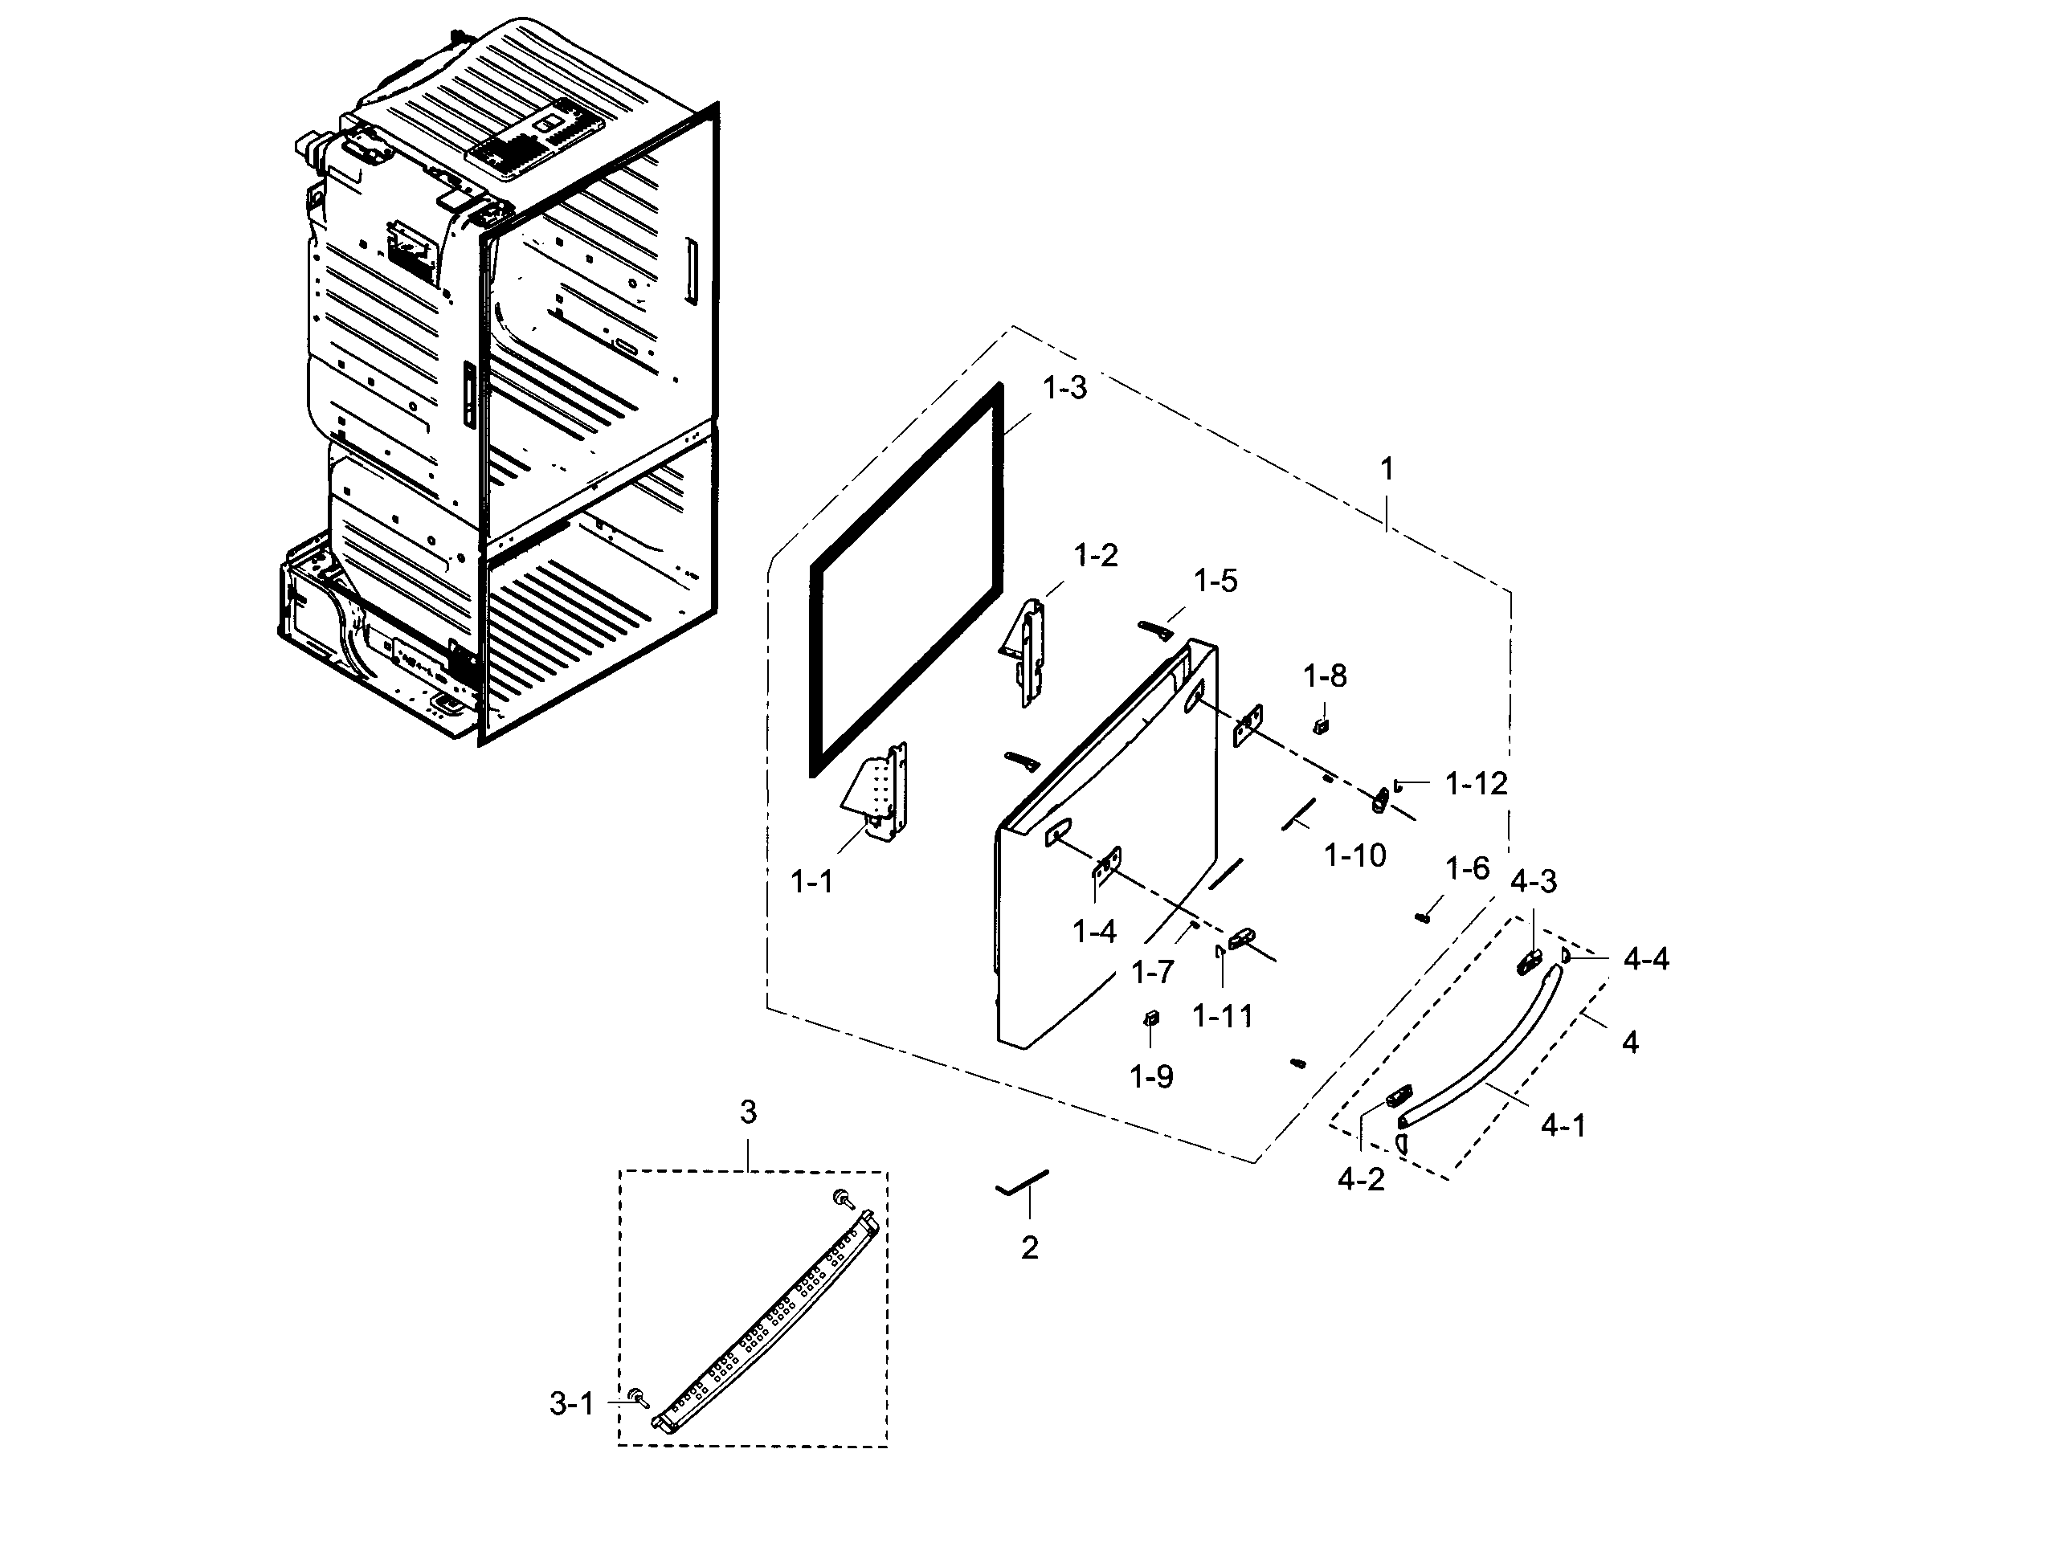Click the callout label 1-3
point(1064,388)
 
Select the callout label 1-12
point(1476,784)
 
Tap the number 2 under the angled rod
point(1029,1248)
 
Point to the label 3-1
point(571,1404)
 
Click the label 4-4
point(1646,959)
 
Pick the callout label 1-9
point(1150,1076)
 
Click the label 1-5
point(1215,581)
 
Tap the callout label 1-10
point(1354,855)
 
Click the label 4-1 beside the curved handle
point(1563,1125)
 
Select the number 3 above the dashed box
point(748,1111)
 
